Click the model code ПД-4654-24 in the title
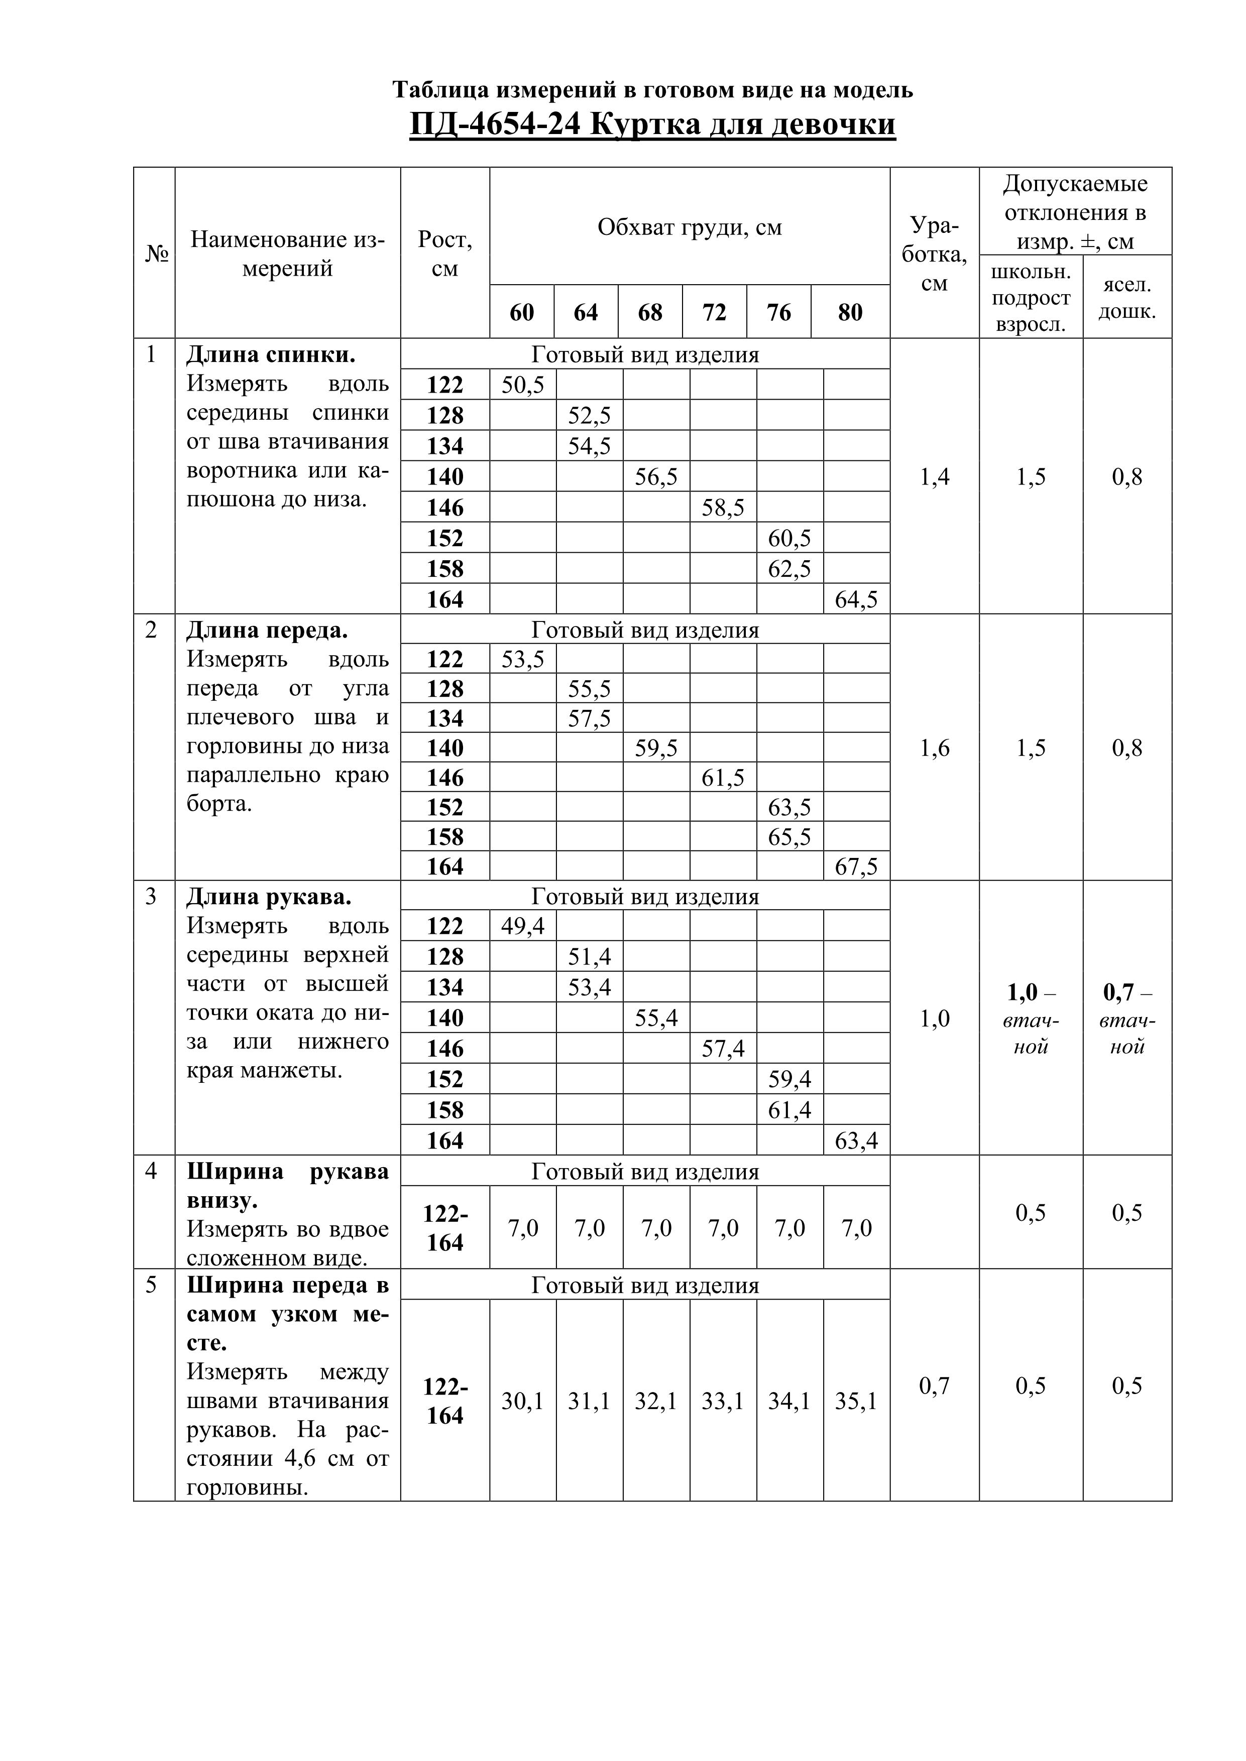(x=495, y=124)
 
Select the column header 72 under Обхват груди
(x=714, y=312)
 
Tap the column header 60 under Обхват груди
(x=522, y=312)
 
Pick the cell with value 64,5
(x=856, y=599)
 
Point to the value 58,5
(x=723, y=507)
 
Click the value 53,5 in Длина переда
(x=522, y=659)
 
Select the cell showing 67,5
(x=856, y=866)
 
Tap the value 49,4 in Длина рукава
(x=522, y=927)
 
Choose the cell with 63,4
(x=856, y=1141)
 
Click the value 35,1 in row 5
(x=856, y=1401)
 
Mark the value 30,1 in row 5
(x=522, y=1401)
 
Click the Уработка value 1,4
(x=935, y=477)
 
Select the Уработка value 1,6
(x=935, y=748)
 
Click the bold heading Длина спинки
(x=271, y=355)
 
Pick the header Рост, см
(x=445, y=254)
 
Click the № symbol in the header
(x=157, y=254)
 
